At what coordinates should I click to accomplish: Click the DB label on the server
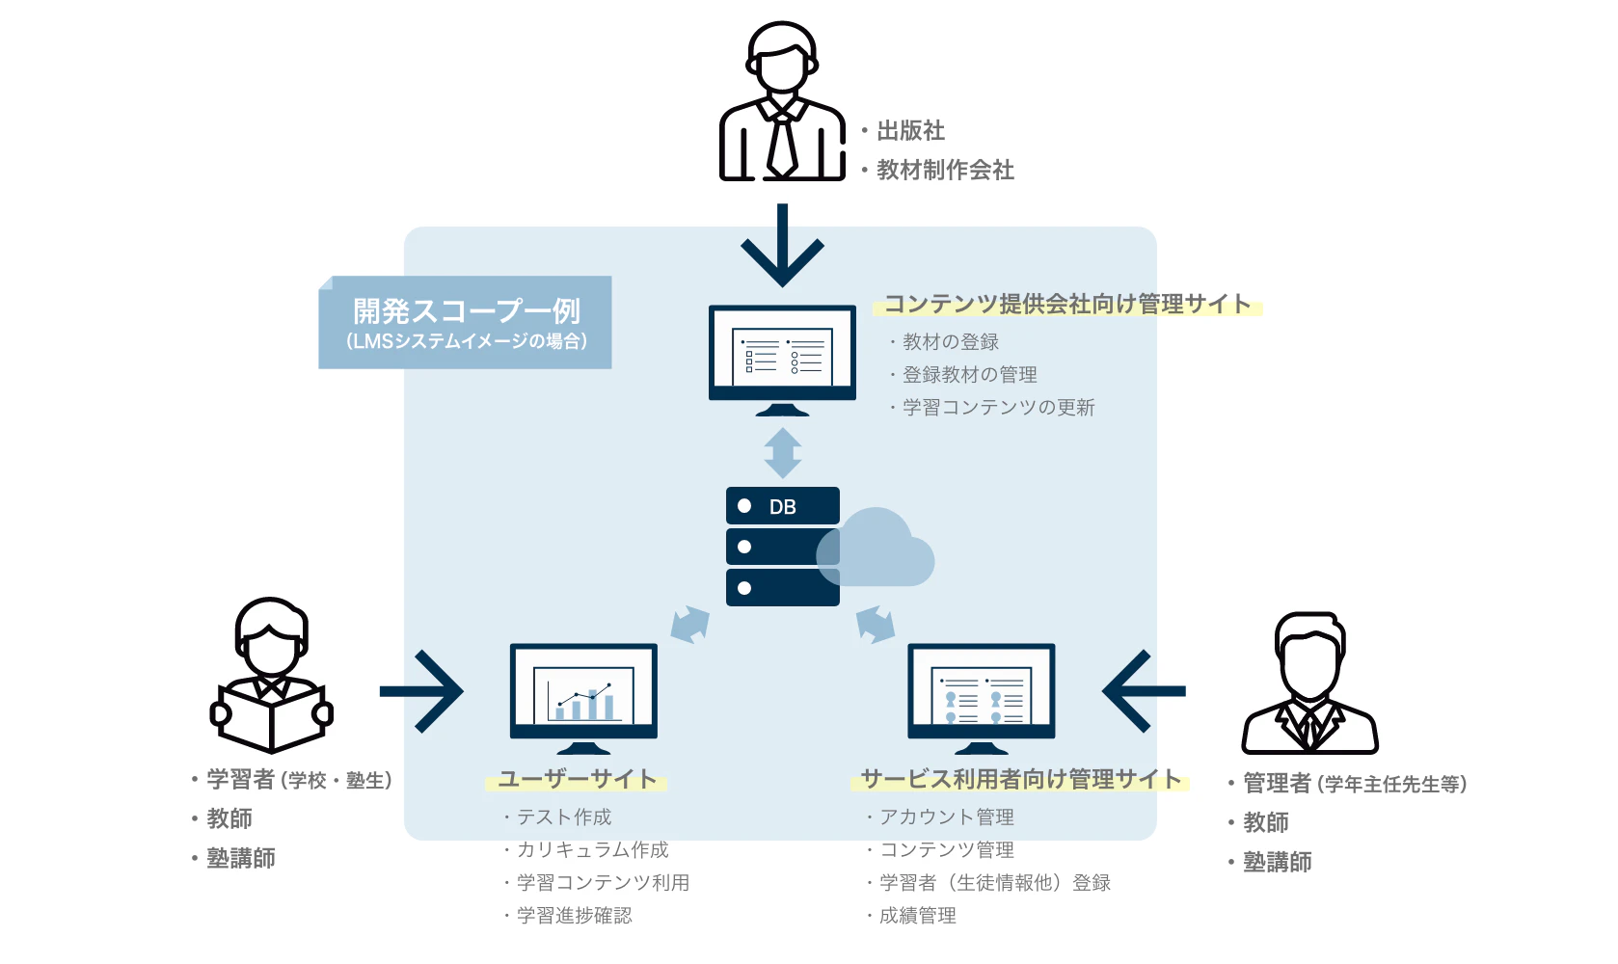pyautogui.click(x=782, y=507)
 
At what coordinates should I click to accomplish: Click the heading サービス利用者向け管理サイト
pyautogui.click(x=1020, y=779)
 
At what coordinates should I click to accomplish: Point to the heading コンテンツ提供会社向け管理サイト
pyautogui.click(x=1067, y=304)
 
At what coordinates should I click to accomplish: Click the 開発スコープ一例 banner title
pyautogui.click(x=466, y=311)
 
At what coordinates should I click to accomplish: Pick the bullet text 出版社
pyautogui.click(x=910, y=130)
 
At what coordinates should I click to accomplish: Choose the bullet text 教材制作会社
pyautogui.click(x=945, y=171)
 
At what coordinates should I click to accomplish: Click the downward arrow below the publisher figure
pyautogui.click(x=782, y=247)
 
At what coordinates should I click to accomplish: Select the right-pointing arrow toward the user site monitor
pyautogui.click(x=422, y=691)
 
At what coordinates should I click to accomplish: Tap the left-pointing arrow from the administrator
pyautogui.click(x=1144, y=691)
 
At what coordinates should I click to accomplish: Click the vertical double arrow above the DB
pyautogui.click(x=782, y=453)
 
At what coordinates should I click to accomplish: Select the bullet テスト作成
pyautogui.click(x=564, y=817)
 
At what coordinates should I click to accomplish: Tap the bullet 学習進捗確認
pyautogui.click(x=574, y=916)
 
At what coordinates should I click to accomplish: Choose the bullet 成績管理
pyautogui.click(x=917, y=916)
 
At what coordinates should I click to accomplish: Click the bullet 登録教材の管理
pyautogui.click(x=969, y=375)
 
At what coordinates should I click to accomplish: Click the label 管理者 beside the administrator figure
pyautogui.click(x=1277, y=784)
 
